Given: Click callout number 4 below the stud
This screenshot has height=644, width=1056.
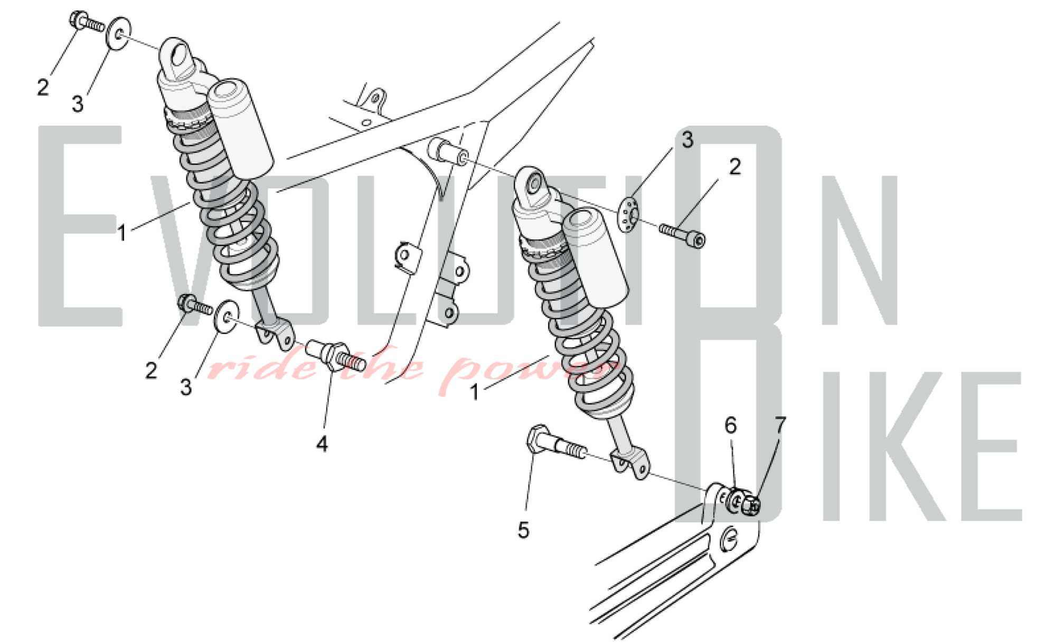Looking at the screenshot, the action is click(322, 444).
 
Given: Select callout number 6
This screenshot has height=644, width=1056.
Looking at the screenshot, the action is click(731, 425).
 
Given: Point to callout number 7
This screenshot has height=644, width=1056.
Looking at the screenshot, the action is click(780, 424).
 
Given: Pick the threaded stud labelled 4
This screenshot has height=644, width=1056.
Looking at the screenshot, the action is click(336, 354).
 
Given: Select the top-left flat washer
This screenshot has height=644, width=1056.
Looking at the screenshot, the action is click(119, 33).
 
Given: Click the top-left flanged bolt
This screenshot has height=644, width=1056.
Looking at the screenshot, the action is click(86, 21).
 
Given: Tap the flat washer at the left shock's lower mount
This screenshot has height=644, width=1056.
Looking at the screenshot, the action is click(227, 317).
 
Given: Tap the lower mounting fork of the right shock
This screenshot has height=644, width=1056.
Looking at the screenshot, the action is click(631, 463).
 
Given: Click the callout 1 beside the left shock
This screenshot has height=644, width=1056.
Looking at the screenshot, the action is click(121, 233).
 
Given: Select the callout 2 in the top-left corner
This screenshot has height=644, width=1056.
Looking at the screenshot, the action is click(43, 87).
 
